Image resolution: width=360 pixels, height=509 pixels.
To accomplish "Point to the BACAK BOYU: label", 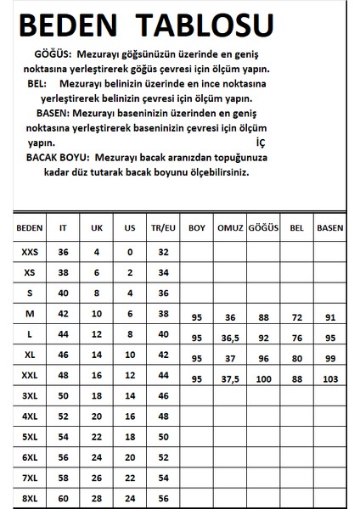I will (59, 158).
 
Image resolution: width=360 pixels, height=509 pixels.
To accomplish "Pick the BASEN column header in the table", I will (330, 228).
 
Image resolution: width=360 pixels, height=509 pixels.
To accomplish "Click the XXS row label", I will (29, 252).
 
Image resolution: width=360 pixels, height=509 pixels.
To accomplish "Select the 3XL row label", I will (29, 395).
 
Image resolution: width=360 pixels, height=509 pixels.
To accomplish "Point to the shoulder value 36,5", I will (229, 336).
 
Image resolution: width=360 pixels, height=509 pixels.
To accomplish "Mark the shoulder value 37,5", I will (229, 378).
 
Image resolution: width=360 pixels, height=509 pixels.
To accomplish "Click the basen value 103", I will (330, 378).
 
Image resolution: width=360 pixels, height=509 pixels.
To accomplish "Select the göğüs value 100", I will (265, 378).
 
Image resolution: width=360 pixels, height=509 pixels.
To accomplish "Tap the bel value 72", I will (296, 316).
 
